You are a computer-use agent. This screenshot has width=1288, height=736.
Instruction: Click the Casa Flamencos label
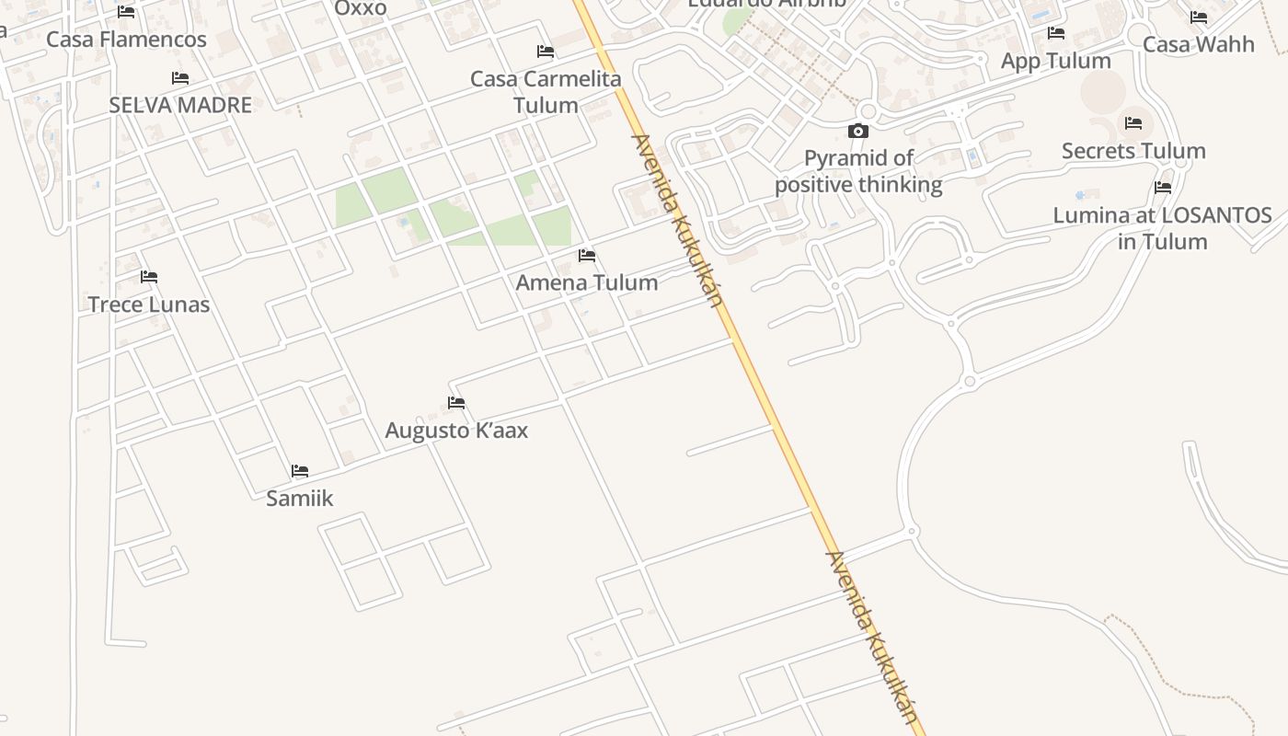click(x=126, y=40)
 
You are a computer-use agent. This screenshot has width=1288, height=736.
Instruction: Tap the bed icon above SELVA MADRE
click(x=180, y=79)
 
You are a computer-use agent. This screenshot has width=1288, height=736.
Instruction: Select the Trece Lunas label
click(x=149, y=305)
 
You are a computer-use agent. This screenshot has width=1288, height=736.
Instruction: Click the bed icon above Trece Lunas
click(x=149, y=277)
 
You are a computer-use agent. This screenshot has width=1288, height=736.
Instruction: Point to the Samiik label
click(x=299, y=499)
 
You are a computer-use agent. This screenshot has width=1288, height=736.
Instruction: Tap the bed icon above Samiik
click(x=300, y=471)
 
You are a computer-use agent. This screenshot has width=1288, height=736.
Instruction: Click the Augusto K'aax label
click(x=456, y=431)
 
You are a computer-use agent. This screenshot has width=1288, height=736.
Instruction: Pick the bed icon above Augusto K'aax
click(x=456, y=403)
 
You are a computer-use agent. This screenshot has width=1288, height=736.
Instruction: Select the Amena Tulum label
click(x=587, y=282)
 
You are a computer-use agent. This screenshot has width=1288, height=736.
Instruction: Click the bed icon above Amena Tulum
click(x=587, y=255)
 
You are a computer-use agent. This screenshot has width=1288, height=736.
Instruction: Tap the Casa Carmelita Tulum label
click(x=546, y=92)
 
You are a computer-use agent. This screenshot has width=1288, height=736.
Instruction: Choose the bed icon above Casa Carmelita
click(x=546, y=52)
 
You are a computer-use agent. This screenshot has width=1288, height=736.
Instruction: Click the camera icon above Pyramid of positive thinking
click(x=858, y=132)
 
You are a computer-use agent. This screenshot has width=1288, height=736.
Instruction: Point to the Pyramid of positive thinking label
click(x=858, y=171)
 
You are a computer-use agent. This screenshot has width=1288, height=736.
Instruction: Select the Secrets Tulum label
click(x=1133, y=151)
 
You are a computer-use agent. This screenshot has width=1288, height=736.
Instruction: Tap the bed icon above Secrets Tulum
click(x=1133, y=123)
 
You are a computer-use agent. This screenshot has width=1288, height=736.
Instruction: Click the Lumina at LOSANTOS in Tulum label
click(x=1163, y=228)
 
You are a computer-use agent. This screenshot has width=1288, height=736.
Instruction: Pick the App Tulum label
click(x=1056, y=61)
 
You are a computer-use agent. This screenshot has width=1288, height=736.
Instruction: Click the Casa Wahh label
click(x=1199, y=44)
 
